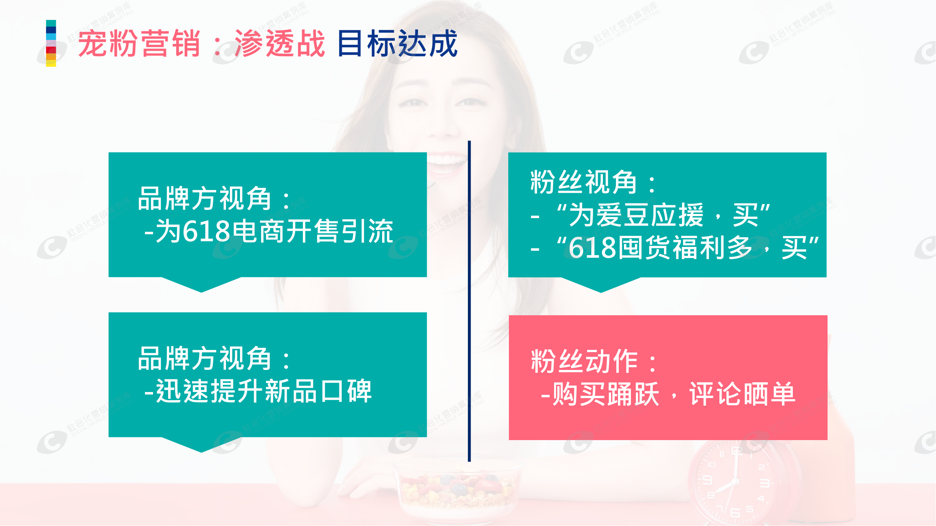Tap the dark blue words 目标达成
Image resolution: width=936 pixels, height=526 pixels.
click(x=398, y=43)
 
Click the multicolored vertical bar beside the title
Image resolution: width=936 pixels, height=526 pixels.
click(x=51, y=43)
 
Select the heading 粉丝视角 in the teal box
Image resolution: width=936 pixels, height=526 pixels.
click(x=584, y=182)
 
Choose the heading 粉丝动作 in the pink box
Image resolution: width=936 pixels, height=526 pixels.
click(x=584, y=362)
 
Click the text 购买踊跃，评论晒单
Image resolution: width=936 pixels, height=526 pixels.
click(x=669, y=394)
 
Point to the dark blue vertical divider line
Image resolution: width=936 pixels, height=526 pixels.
click(x=469, y=301)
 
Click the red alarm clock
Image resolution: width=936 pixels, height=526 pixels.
click(x=741, y=483)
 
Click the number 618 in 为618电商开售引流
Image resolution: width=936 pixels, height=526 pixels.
click(x=206, y=231)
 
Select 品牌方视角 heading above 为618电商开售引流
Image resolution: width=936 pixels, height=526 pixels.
click(x=205, y=198)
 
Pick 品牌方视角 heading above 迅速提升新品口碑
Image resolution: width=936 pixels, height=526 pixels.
click(x=205, y=359)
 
